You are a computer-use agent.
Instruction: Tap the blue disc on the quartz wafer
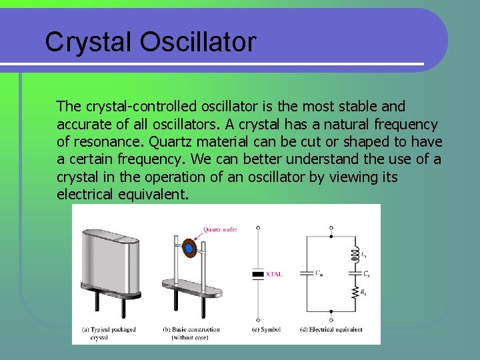[189, 249]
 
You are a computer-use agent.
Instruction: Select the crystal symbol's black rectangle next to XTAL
[258, 273]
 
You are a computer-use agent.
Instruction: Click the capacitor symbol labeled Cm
[307, 273]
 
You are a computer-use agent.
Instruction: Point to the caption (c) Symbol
[266, 329]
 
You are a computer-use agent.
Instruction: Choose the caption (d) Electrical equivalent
[332, 329]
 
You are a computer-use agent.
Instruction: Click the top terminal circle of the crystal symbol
[258, 227]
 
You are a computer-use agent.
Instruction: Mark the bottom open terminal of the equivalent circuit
[331, 319]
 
